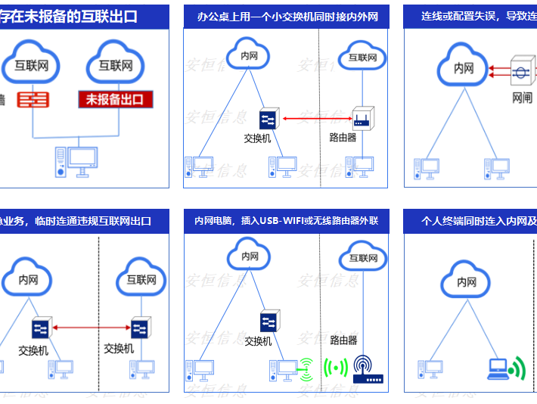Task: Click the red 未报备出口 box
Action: [116, 98]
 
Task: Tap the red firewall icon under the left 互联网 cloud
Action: [33, 99]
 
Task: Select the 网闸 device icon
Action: [521, 73]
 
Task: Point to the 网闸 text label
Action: [522, 98]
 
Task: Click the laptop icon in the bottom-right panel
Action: [498, 368]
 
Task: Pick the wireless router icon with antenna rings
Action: [368, 368]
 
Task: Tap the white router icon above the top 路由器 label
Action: [361, 118]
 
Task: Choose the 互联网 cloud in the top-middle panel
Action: [362, 56]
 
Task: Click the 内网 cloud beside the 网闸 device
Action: [463, 68]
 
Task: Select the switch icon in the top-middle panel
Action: [268, 119]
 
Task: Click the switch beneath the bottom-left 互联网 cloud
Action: [140, 328]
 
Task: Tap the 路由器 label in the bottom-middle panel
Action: [343, 340]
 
